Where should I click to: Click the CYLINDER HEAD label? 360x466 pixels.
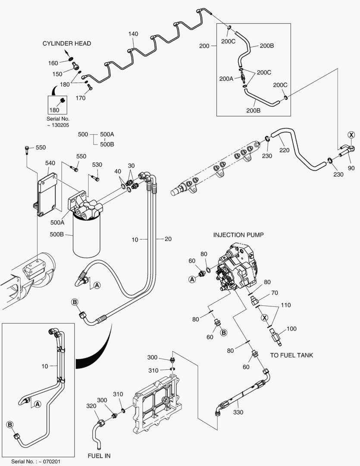click(x=66, y=44)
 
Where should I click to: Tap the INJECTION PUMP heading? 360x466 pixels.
click(x=238, y=235)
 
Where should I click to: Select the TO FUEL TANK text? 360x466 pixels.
click(x=291, y=355)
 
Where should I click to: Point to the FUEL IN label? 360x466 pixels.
click(x=99, y=456)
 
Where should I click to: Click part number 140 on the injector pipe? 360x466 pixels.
click(x=133, y=34)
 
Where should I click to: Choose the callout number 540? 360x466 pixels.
click(x=50, y=163)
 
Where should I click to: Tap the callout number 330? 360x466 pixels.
click(x=238, y=412)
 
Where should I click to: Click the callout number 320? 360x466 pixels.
click(x=91, y=406)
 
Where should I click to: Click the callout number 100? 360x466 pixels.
click(x=291, y=329)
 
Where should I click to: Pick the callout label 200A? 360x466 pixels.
click(x=226, y=79)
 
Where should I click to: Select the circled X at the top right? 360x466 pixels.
click(x=351, y=135)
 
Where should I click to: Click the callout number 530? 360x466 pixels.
click(x=97, y=165)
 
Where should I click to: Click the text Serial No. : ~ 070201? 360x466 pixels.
click(x=36, y=461)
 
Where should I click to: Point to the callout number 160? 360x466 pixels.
click(x=53, y=63)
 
